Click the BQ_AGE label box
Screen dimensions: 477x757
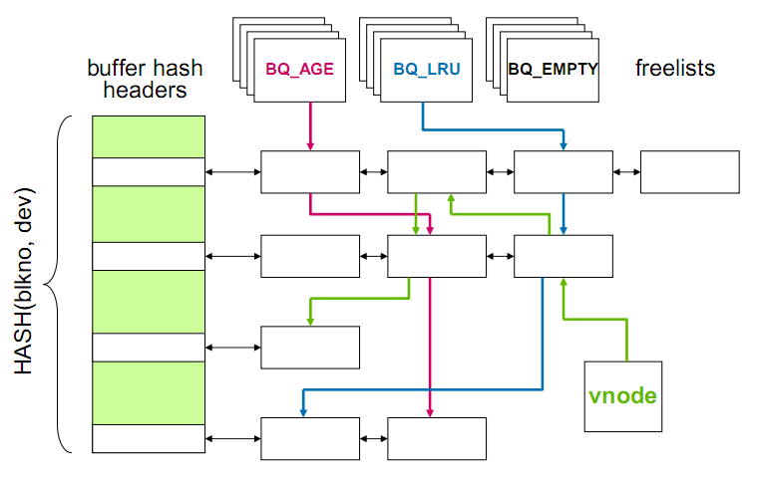pos(299,70)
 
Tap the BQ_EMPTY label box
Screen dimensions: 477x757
pos(553,70)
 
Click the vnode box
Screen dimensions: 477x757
pos(622,395)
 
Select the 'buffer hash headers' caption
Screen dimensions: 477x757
pos(145,79)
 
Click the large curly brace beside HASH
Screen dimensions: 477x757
pos(64,284)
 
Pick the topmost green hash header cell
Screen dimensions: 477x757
pos(149,136)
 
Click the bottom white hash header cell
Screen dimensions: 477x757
pos(149,438)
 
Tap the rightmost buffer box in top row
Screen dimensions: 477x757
pos(689,172)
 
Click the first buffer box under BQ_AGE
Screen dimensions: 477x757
pos(310,172)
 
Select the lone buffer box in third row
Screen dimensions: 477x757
pos(310,346)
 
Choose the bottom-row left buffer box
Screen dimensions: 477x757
pos(310,438)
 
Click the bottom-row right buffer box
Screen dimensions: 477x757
pos(437,438)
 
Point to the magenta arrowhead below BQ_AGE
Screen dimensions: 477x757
pos(310,146)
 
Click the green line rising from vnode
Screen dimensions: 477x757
pos(626,339)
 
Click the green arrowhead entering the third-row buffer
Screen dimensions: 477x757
pos(310,321)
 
